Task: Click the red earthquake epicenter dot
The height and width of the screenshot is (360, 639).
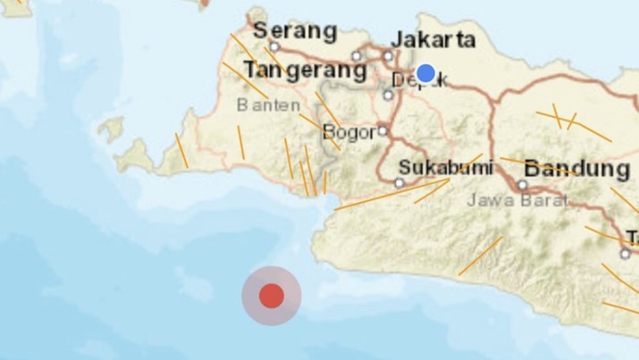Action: [x=272, y=296]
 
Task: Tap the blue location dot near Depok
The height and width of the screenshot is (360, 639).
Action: [x=425, y=73]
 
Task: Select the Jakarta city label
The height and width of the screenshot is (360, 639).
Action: [x=433, y=39]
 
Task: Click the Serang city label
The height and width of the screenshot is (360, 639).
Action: [x=295, y=31]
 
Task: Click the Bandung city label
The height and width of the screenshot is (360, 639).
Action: [x=576, y=168]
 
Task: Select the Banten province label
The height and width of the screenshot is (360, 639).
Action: [x=268, y=105]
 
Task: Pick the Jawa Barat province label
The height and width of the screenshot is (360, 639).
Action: [x=517, y=200]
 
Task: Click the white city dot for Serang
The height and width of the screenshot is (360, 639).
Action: [x=274, y=46]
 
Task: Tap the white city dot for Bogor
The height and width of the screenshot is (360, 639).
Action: [x=383, y=130]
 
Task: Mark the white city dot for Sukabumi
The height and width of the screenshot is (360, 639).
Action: [x=399, y=183]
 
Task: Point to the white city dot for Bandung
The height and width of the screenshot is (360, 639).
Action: [x=522, y=185]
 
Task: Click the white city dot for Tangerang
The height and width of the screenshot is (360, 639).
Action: [x=357, y=55]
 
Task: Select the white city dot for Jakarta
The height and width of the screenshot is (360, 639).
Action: [x=388, y=55]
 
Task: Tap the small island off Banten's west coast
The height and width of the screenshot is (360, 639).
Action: [x=111, y=130]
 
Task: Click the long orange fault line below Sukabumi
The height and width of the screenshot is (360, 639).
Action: [x=393, y=194]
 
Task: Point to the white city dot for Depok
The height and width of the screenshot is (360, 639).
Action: [x=388, y=94]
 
